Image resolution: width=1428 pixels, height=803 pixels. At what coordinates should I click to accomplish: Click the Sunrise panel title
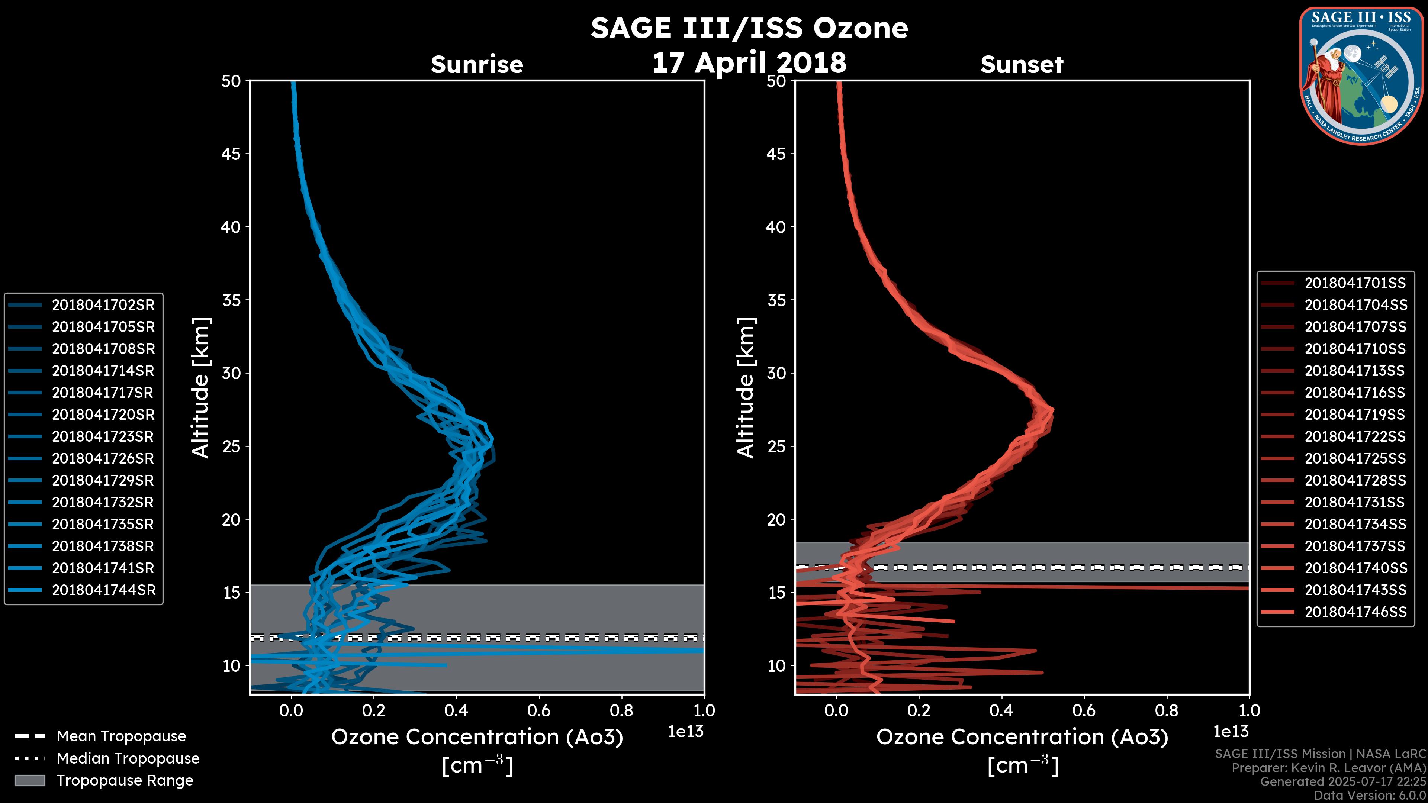tap(477, 65)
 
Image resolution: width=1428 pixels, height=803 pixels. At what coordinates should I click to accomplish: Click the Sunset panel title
tap(1022, 65)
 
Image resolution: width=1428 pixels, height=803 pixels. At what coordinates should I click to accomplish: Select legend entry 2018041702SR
tap(103, 305)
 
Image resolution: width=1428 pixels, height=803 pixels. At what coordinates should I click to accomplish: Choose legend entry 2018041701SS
tap(1355, 283)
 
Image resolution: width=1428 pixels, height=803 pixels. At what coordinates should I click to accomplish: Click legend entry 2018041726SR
tap(103, 458)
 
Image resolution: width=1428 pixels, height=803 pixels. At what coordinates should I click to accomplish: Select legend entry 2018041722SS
tap(1355, 437)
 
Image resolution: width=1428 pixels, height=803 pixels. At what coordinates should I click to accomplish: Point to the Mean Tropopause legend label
tap(121, 736)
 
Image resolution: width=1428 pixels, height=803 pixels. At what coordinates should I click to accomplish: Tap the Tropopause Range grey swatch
tap(29, 780)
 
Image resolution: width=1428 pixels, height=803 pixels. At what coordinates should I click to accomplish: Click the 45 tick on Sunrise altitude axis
tap(231, 154)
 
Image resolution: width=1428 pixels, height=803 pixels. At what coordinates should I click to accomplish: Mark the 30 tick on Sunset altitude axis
tap(776, 373)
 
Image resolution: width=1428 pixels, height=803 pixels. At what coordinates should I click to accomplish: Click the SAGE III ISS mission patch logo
tap(1361, 76)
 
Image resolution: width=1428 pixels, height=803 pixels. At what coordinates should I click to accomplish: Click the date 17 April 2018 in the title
tap(749, 62)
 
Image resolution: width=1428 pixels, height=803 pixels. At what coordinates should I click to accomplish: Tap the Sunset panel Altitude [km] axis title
tap(746, 387)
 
